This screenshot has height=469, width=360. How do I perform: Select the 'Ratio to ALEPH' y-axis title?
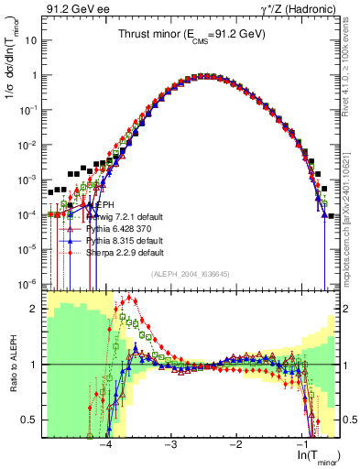[x=12, y=363]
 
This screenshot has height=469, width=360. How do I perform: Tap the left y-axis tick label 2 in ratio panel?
[x=37, y=309]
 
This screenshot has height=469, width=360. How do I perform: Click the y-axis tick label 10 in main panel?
[x=34, y=41]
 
